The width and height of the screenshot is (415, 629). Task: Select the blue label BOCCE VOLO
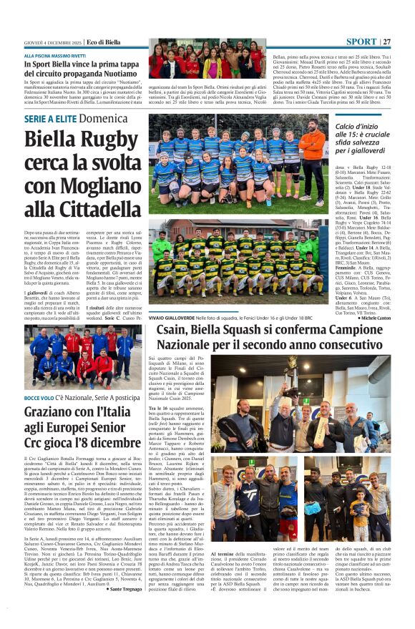(x=39, y=398)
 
